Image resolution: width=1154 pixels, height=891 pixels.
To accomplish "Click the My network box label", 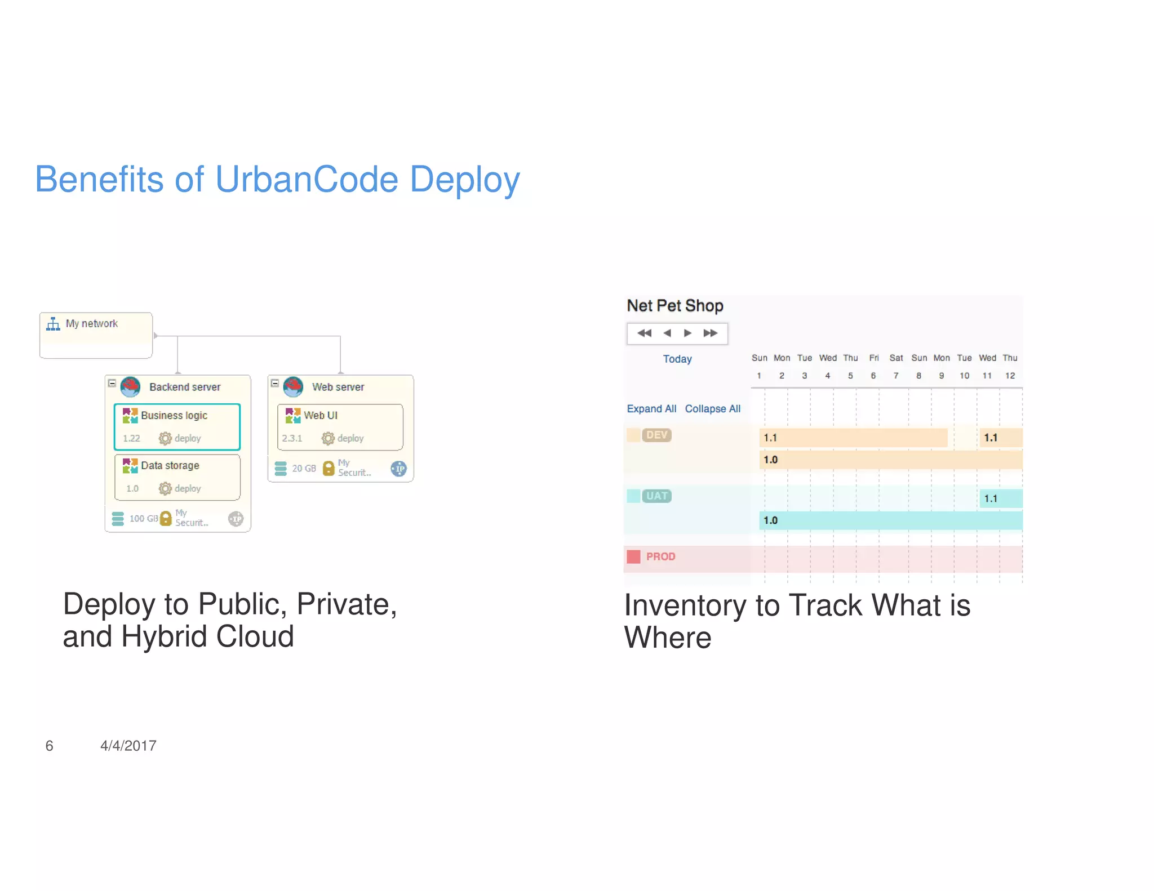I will click(91, 323).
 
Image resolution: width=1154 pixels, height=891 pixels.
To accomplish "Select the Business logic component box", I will click(177, 426).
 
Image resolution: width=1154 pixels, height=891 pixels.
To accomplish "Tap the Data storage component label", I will click(170, 465).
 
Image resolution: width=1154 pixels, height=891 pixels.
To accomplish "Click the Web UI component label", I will click(320, 415).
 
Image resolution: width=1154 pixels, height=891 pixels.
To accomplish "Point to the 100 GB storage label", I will click(143, 518).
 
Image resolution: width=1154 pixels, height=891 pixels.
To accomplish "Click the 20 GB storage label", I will click(304, 468).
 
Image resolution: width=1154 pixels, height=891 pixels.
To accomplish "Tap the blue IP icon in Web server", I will click(398, 468).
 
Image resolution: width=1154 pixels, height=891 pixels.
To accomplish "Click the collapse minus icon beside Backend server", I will click(112, 383).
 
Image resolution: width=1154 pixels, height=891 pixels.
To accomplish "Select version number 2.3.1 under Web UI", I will click(292, 438).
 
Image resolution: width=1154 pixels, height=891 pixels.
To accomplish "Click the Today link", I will click(677, 359).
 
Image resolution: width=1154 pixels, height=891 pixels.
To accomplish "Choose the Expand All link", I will click(651, 408).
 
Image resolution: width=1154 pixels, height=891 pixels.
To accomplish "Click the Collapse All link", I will click(712, 408).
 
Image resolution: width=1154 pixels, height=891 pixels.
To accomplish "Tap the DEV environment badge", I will click(656, 435).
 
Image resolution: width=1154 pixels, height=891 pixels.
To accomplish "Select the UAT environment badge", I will click(656, 496).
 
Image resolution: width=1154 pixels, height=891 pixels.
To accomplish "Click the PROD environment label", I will click(660, 556).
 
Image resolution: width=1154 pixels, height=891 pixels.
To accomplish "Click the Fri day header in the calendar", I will click(873, 358).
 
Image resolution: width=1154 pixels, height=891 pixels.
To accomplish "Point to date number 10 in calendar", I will click(964, 376).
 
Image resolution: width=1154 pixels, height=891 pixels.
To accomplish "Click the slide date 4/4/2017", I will click(128, 746).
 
